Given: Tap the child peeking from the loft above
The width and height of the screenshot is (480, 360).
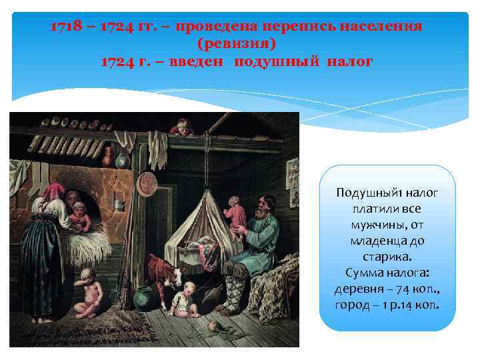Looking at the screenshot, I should [x=181, y=127].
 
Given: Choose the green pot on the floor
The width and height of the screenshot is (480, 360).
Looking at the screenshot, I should [x=142, y=298].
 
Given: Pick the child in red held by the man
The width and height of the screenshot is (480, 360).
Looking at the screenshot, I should [x=234, y=213].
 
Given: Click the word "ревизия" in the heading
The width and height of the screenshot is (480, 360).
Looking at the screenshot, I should [x=237, y=43].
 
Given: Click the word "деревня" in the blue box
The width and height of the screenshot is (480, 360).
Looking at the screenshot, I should [x=357, y=289].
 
